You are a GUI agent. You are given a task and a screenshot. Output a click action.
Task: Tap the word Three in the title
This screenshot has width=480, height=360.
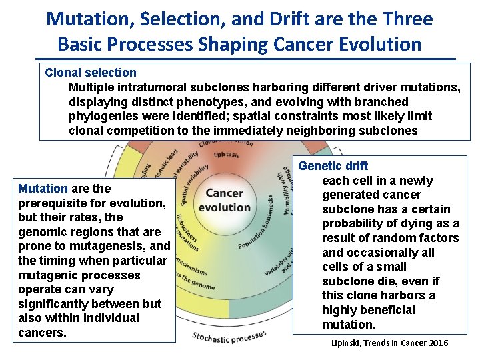(x=406, y=19)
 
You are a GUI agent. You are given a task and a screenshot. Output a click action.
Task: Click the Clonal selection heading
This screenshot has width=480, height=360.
(x=90, y=73)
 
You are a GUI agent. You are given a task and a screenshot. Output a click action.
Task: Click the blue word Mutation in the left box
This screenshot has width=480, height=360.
(x=43, y=189)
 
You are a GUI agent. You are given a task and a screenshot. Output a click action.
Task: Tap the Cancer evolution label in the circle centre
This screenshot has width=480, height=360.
(x=224, y=200)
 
